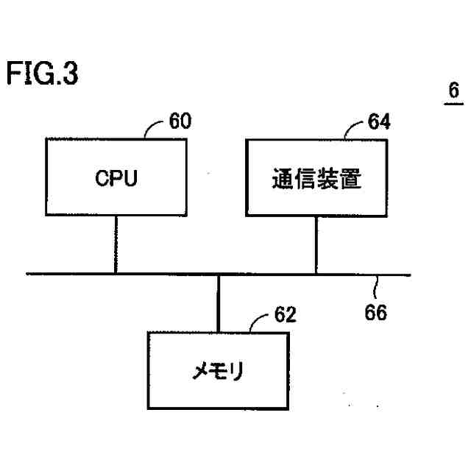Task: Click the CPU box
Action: (116, 178)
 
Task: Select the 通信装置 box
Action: (316, 178)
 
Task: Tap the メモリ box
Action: (218, 370)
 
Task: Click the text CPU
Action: (116, 180)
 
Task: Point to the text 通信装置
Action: (316, 180)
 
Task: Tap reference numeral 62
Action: (284, 315)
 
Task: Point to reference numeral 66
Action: (376, 312)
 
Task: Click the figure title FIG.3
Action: (42, 74)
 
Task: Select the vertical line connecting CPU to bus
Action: (116, 245)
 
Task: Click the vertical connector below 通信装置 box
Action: (316, 245)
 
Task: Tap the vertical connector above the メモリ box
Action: (219, 302)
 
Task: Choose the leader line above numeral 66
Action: (377, 284)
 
